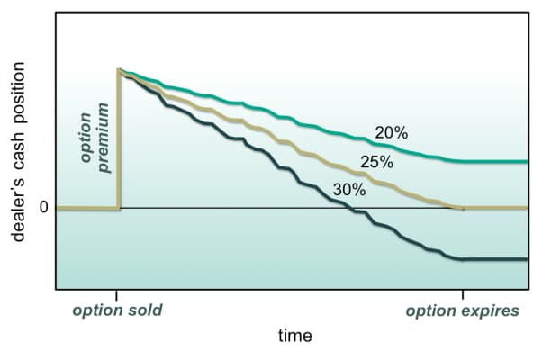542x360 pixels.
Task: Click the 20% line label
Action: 391,132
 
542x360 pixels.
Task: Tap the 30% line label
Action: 348,190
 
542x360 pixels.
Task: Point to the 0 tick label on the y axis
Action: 42,209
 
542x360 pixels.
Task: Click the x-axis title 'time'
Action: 294,336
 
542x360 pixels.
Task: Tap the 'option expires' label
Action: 462,311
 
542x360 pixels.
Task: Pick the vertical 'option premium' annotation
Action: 94,137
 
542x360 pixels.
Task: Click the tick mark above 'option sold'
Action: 117,294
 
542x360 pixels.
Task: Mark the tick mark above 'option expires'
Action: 463,294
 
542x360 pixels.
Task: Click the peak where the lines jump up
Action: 119,69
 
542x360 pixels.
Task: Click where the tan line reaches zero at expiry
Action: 461,208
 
